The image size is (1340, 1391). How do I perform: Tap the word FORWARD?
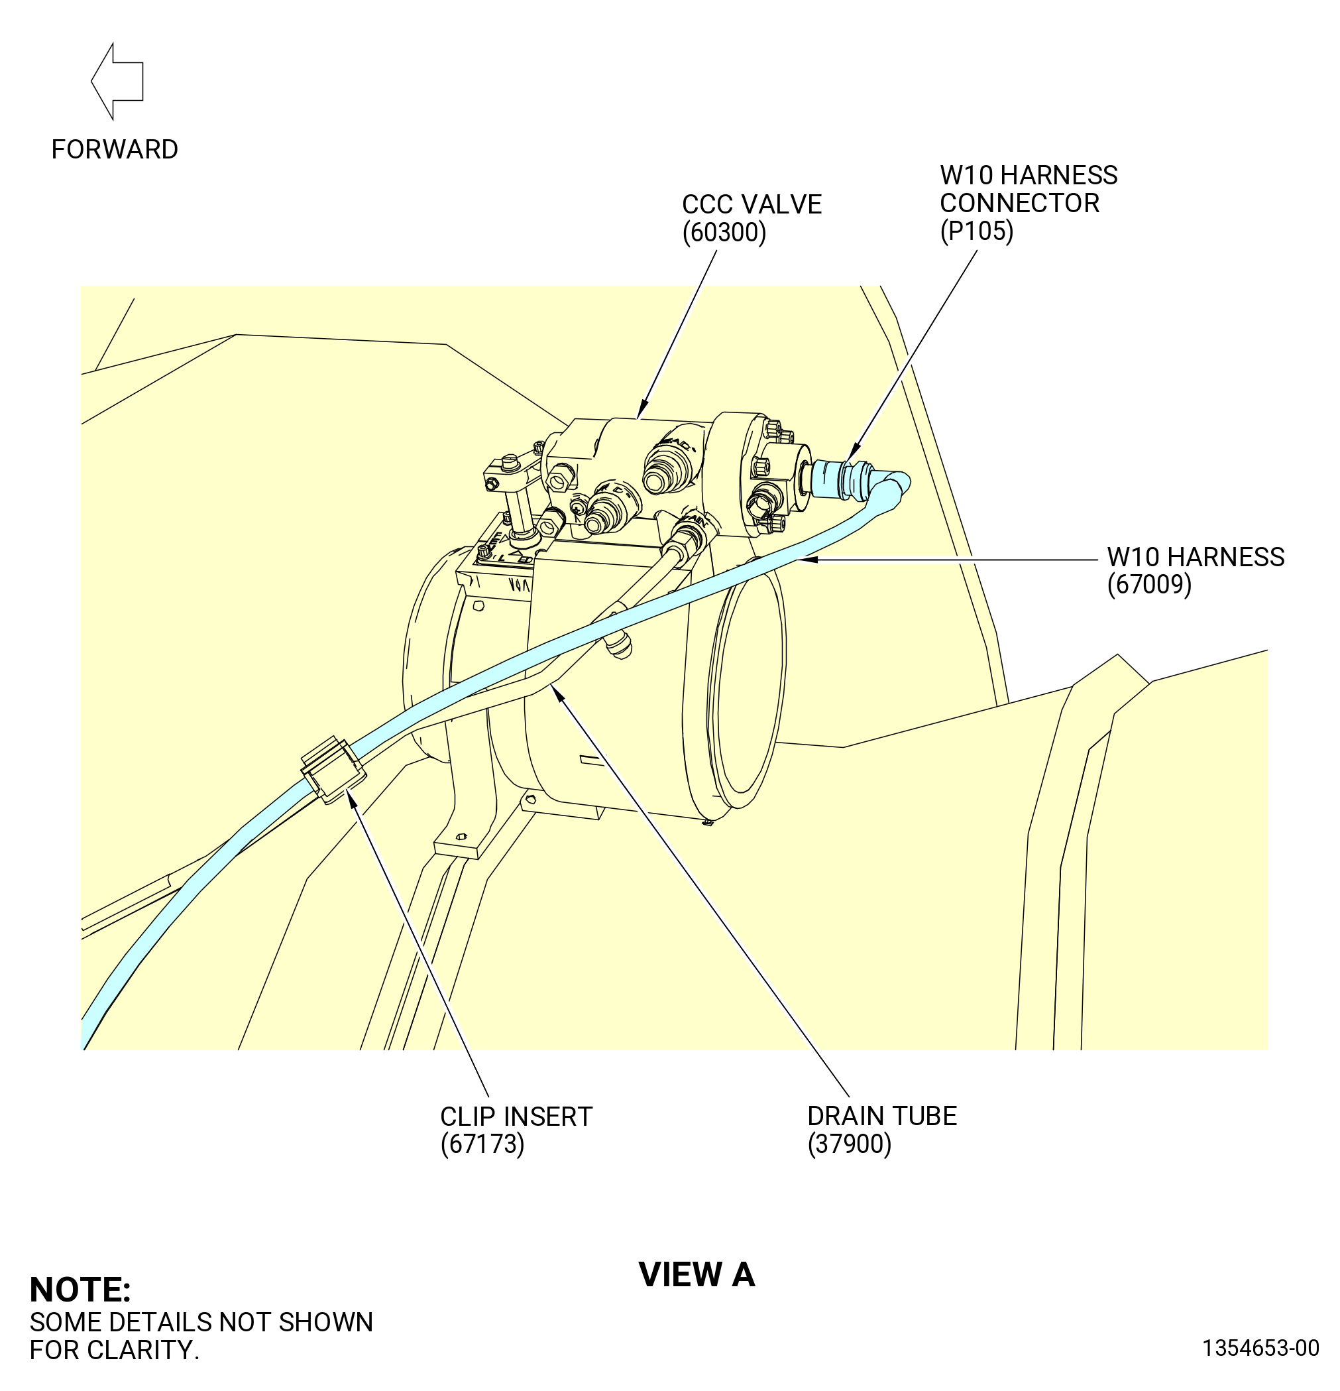115,150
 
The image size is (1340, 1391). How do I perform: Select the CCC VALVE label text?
752,204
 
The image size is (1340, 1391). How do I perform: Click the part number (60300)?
724,233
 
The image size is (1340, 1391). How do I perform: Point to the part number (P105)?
976,231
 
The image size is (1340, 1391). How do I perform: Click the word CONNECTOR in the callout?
1019,203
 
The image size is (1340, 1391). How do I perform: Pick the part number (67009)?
1149,584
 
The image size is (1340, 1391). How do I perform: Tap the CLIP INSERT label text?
516,1117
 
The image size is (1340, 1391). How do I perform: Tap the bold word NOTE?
80,1290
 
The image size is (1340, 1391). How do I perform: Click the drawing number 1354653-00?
1260,1348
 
